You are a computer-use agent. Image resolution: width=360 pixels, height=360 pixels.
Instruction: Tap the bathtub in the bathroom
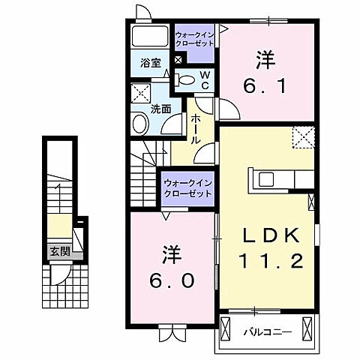click(151, 38)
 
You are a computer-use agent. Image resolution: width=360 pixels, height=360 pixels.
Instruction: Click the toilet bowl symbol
click(187, 79)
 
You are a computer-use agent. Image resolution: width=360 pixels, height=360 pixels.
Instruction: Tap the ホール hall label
click(196, 129)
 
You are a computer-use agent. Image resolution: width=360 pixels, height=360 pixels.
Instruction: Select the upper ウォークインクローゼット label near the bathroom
click(194, 39)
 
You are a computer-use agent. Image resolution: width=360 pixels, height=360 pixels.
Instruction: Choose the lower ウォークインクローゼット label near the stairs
click(187, 187)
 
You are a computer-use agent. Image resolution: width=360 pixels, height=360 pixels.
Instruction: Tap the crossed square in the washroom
click(140, 94)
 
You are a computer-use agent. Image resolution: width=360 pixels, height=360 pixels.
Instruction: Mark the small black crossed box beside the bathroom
click(178, 59)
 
